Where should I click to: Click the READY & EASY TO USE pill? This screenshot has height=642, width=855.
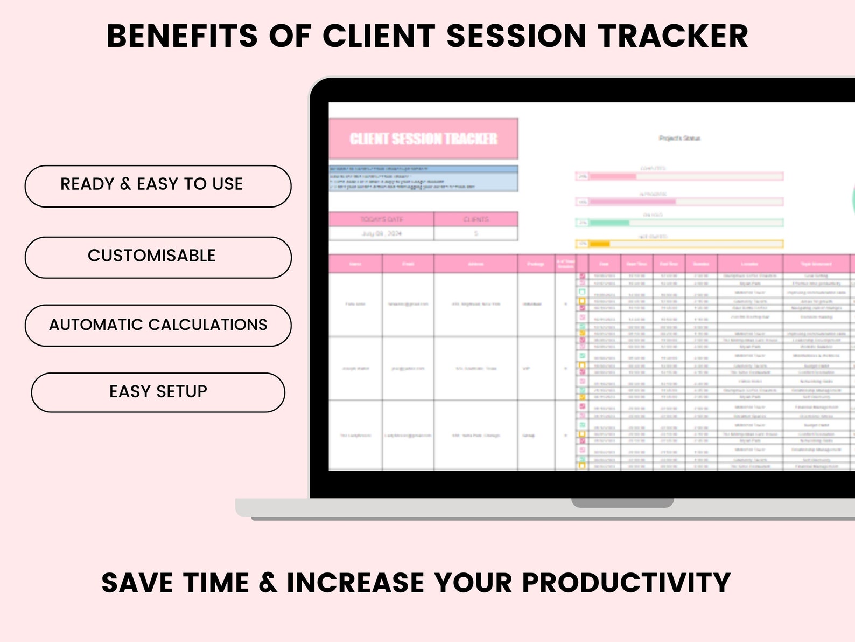[x=158, y=186]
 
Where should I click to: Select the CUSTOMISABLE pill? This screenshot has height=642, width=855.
[x=158, y=257]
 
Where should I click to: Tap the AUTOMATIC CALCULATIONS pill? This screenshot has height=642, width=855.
[x=158, y=325]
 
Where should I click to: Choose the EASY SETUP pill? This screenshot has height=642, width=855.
[x=158, y=392]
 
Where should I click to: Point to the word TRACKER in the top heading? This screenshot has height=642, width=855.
[x=673, y=37]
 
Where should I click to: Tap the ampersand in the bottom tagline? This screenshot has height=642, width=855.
[x=268, y=583]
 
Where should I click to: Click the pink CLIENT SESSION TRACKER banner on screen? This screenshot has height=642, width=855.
[x=423, y=139]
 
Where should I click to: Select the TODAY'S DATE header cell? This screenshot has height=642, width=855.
[x=381, y=219]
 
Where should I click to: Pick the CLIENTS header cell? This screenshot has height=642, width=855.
[x=476, y=219]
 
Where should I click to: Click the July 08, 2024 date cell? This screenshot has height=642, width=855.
[x=381, y=233]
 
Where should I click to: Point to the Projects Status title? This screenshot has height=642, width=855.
[x=679, y=139]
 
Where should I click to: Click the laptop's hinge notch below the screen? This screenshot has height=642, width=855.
[x=622, y=503]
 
